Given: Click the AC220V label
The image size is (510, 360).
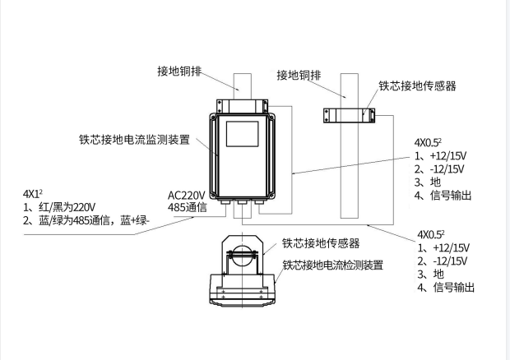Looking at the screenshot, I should point(187,196).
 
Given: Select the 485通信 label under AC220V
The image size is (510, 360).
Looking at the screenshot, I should point(187,208).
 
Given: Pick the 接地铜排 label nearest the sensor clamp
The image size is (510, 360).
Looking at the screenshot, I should point(301,75).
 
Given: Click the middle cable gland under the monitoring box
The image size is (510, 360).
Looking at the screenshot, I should point(239,199).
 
